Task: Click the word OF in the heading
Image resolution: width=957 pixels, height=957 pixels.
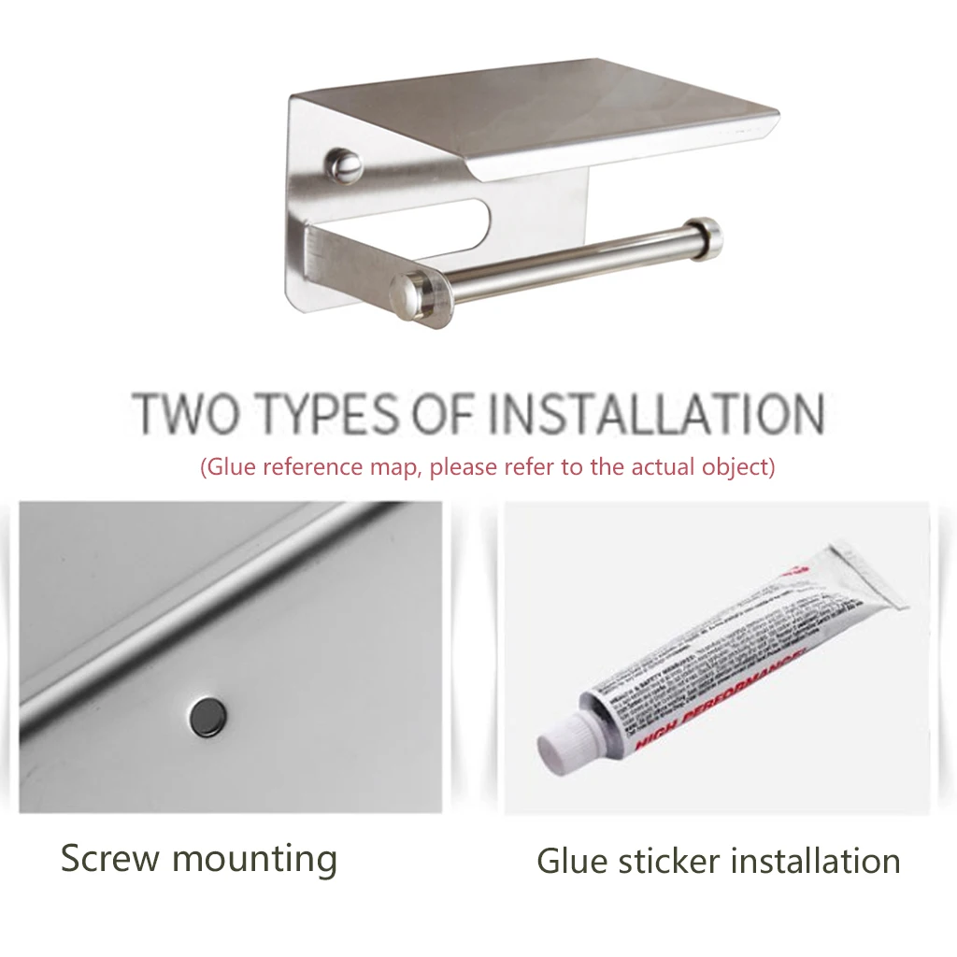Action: tap(440, 413)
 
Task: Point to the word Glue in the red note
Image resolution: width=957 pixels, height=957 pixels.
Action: tap(231, 466)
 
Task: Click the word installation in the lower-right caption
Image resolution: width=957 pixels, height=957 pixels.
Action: tap(815, 860)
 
